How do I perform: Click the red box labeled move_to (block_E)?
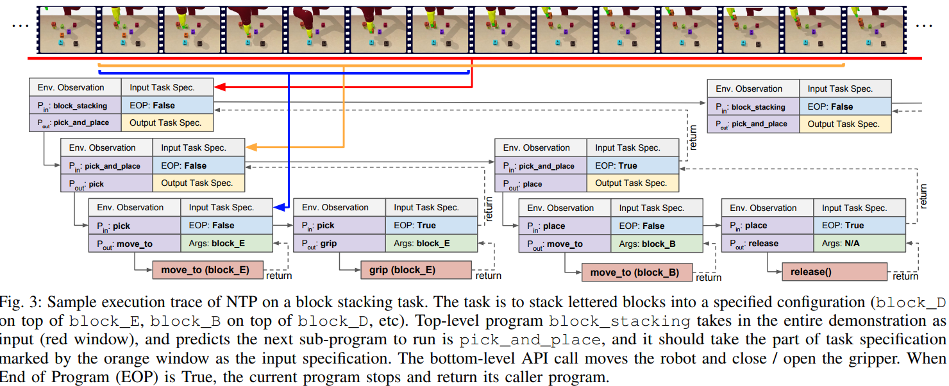208,270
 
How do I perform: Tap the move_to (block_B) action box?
637,273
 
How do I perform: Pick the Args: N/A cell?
860,244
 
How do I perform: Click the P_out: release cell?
768,244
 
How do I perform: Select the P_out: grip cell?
339,244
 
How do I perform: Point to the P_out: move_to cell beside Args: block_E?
134,244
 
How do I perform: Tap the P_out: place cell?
540,184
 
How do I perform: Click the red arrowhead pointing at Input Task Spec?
219,87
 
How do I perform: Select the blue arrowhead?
278,208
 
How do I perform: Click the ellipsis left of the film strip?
20,26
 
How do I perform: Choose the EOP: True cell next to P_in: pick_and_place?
632,165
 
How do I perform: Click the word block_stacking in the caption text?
619,321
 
